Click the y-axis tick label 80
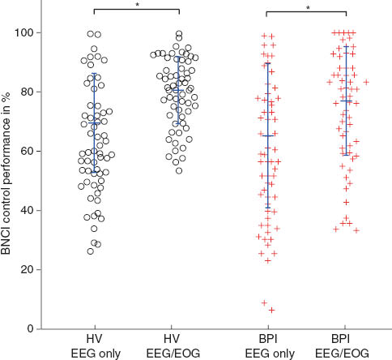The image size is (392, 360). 30,92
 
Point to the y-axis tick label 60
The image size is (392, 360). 30,151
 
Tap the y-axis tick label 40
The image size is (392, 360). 30,210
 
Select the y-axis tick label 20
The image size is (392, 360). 30,269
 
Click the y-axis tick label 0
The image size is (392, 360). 33,328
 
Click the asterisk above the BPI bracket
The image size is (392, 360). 306,5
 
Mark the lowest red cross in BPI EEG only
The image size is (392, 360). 272,310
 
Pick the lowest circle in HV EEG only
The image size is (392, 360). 91,251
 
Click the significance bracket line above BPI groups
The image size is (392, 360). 306,10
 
